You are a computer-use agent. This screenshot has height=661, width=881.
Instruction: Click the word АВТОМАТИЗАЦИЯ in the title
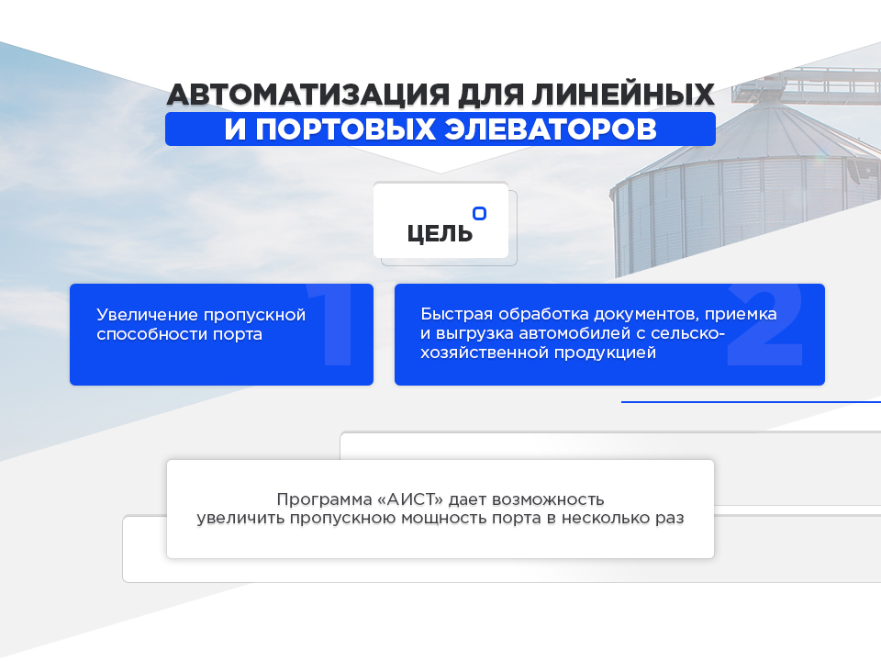tap(308, 95)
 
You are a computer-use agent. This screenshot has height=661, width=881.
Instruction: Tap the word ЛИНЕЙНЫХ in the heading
tap(623, 94)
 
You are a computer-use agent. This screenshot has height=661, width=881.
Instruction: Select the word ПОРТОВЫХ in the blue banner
tap(346, 129)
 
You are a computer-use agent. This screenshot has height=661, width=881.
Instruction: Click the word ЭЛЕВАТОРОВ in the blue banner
tap(551, 129)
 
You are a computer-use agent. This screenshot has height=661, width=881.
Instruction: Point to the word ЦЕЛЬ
tap(440, 233)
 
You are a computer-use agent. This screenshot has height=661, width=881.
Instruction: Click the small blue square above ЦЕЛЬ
tap(479, 214)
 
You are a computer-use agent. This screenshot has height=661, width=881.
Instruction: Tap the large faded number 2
tap(765, 325)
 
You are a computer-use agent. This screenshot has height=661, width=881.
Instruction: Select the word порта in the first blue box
tap(238, 334)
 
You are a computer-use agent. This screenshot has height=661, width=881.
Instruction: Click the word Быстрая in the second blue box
tap(456, 314)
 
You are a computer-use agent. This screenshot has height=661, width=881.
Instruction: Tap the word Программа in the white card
tap(324, 499)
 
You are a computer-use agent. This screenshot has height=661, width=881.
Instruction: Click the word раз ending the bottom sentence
tap(670, 518)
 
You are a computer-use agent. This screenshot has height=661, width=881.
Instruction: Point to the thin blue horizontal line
tap(751, 402)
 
